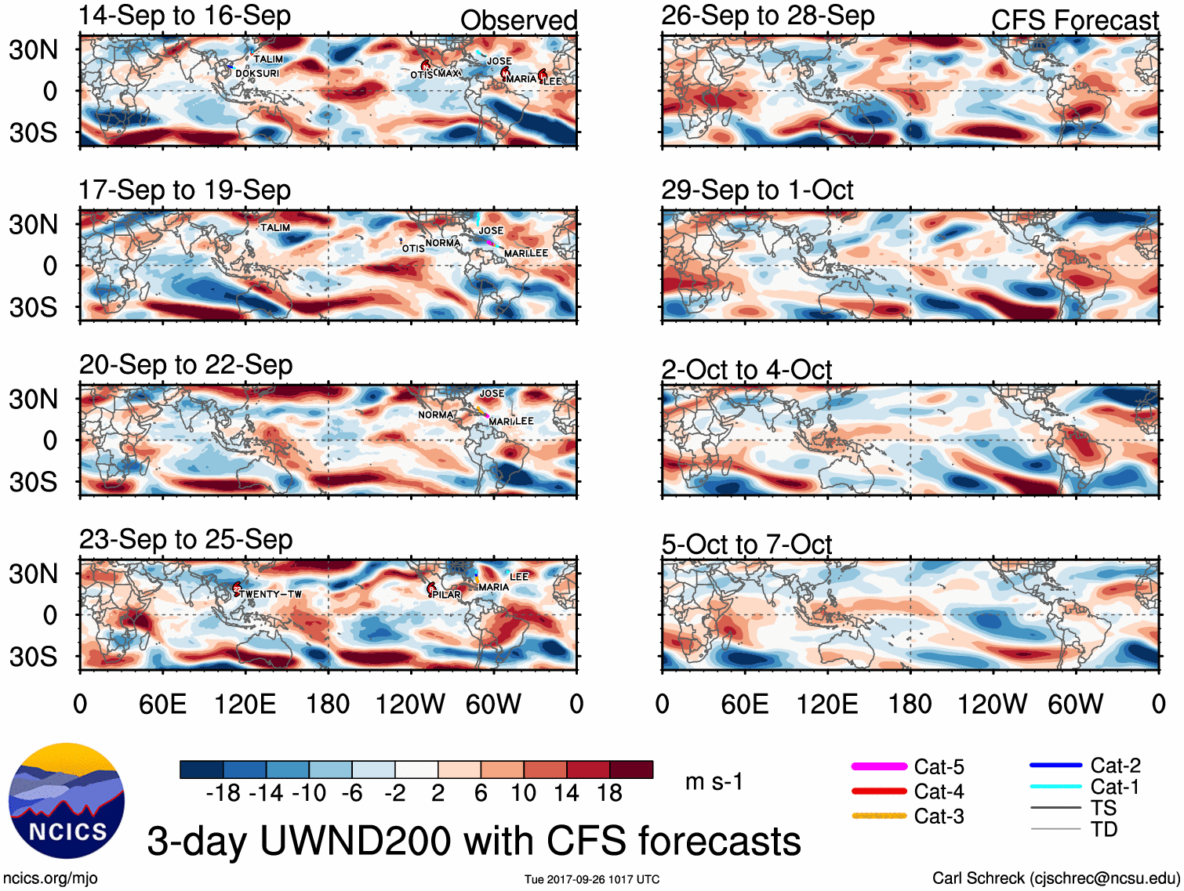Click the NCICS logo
[x=67, y=800]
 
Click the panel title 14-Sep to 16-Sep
[x=185, y=16]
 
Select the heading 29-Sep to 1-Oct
[x=757, y=190]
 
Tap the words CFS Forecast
[x=1074, y=20]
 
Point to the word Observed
[x=518, y=20]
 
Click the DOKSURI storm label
[x=257, y=74]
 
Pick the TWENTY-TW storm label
[x=271, y=594]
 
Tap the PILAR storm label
[x=447, y=595]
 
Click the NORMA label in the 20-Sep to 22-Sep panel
[x=436, y=415]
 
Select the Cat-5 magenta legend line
[x=879, y=766]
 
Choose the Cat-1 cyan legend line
[x=1055, y=787]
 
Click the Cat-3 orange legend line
[x=879, y=816]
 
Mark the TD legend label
[x=1103, y=829]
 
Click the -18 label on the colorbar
[x=223, y=793]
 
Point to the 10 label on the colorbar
[x=524, y=793]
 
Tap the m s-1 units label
[x=714, y=781]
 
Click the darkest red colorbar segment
[x=631, y=770]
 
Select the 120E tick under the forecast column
[x=827, y=704]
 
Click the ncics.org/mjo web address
[x=50, y=878]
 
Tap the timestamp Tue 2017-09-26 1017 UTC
[x=592, y=879]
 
